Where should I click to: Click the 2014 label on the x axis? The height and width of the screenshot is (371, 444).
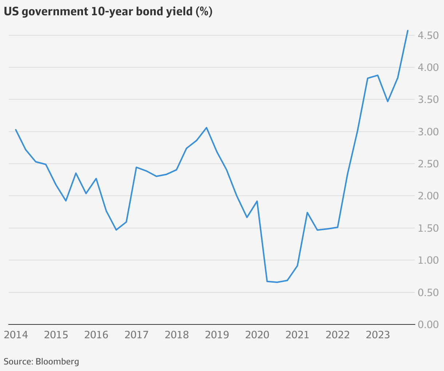tap(16, 335)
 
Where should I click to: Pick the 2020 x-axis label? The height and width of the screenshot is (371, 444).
tap(257, 335)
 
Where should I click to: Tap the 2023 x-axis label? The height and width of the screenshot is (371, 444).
tap(378, 335)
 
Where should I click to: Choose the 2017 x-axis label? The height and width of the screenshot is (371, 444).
tap(136, 335)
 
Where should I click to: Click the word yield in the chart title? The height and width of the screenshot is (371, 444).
tap(179, 12)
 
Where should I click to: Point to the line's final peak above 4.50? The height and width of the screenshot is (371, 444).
tap(408, 31)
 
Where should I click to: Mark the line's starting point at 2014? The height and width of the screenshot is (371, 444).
tap(16, 129)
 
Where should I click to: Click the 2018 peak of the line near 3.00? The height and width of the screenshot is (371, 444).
tap(207, 127)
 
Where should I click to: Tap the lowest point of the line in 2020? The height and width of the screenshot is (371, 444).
tap(277, 282)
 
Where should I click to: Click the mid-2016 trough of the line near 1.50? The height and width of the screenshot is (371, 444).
tap(116, 230)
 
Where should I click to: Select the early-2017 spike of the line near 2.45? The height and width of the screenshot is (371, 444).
tap(136, 167)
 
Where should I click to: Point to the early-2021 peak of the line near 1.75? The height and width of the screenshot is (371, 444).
tap(307, 212)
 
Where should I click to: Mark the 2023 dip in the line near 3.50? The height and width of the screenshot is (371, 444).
tap(388, 101)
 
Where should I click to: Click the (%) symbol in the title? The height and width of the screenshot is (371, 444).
tap(204, 12)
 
